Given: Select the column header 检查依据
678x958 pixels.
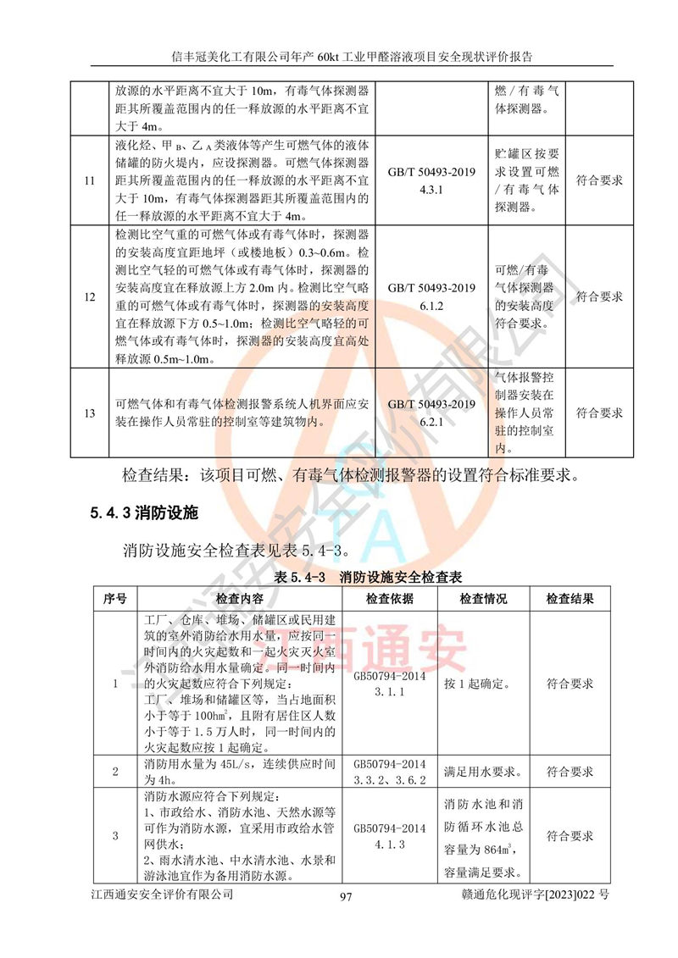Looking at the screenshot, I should [390, 599].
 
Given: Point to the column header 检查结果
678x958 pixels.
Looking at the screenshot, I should [570, 599].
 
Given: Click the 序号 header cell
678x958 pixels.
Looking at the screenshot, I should [114, 599].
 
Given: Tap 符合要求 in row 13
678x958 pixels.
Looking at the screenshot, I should [599, 413].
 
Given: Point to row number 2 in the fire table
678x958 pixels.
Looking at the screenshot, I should [115, 772].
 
